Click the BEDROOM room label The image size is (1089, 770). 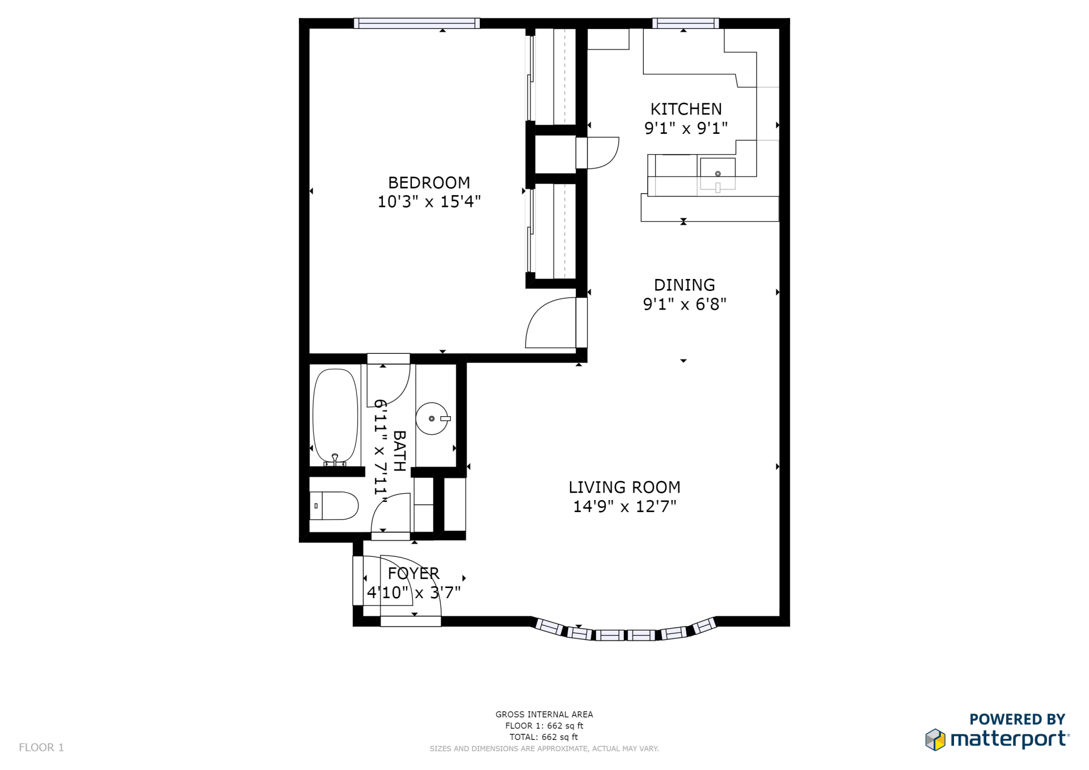click(429, 183)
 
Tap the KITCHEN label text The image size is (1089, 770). click(686, 109)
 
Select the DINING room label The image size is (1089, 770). click(685, 285)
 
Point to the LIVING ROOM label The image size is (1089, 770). click(624, 487)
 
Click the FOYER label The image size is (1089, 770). click(413, 573)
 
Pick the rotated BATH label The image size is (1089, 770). click(399, 451)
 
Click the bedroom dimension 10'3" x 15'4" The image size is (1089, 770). click(429, 201)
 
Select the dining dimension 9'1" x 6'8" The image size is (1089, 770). click(685, 304)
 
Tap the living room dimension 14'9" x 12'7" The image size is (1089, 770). click(624, 506)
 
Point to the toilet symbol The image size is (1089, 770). click(334, 506)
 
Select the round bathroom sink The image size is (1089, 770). click(432, 418)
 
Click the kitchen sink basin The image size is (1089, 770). click(717, 174)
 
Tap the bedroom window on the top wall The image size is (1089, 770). click(417, 23)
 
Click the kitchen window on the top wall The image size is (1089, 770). click(686, 23)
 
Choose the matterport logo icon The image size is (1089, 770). click(935, 739)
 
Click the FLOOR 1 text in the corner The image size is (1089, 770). click(41, 747)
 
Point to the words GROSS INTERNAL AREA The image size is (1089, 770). click(544, 714)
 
